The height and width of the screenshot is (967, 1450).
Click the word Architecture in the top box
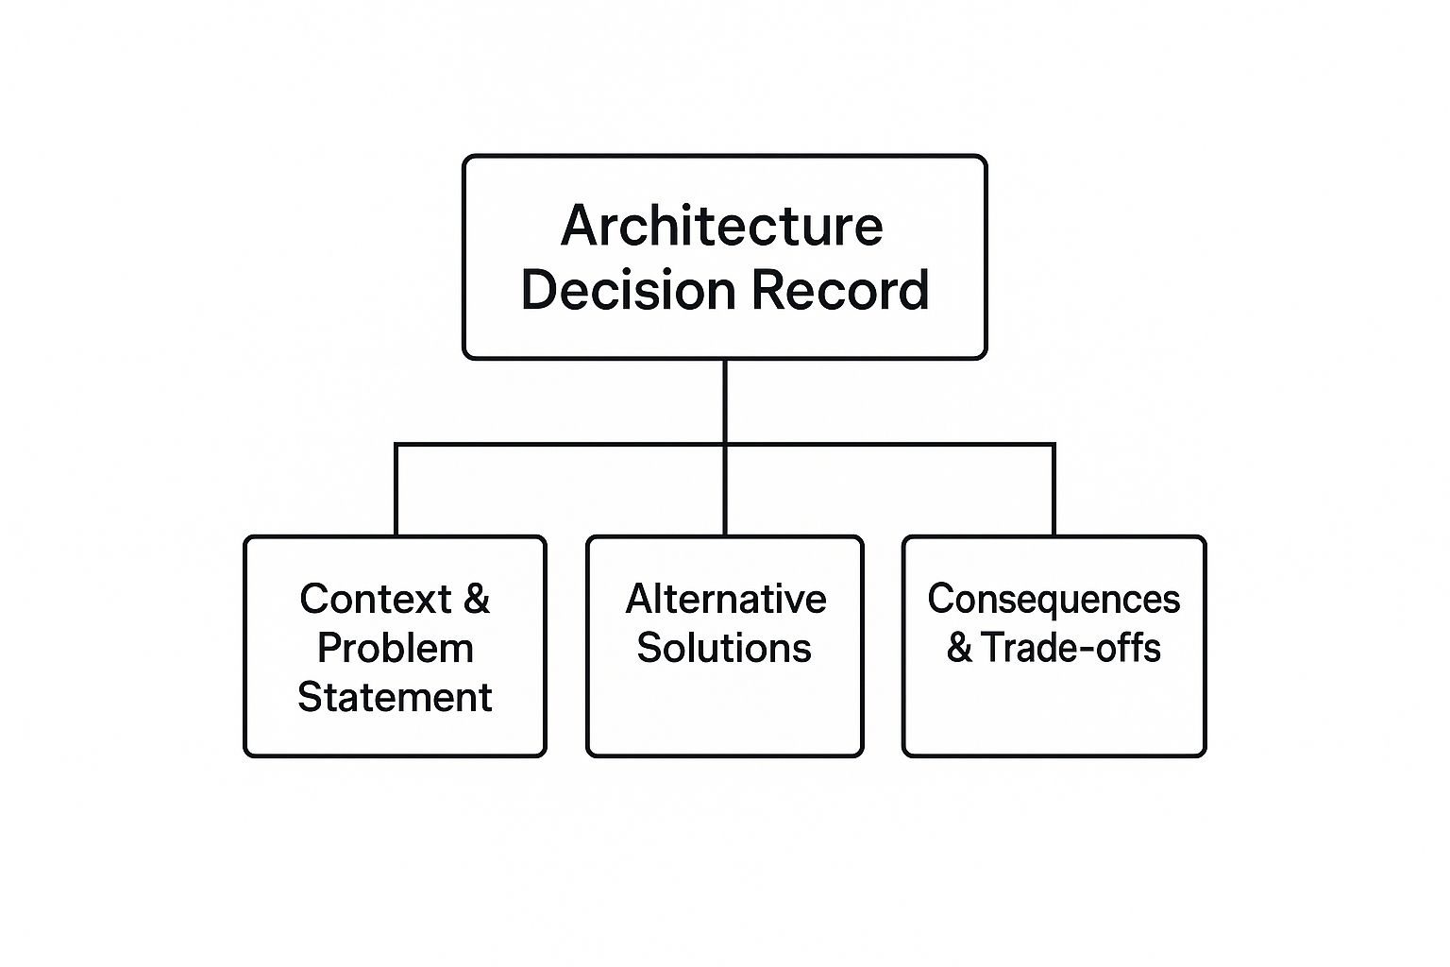coord(722,226)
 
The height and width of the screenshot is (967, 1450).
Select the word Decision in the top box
coord(629,290)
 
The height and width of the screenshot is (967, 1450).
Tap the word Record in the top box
coord(840,290)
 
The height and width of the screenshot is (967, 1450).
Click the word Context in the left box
coord(376,599)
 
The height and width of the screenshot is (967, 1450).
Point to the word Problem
coord(396,649)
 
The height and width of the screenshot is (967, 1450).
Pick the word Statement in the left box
coord(395,698)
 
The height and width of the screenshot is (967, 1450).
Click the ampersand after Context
coord(477,599)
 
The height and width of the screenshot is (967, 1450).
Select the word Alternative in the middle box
coord(726,599)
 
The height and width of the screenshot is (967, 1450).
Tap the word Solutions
coord(724,648)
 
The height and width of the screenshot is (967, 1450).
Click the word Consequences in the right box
coord(1054,599)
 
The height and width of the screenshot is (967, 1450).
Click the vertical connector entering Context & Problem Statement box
coord(396,490)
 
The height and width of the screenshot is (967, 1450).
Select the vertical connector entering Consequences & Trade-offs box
coord(1054,490)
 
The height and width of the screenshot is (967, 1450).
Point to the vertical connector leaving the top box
coord(725,401)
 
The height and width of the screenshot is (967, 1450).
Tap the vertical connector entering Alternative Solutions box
coord(725,490)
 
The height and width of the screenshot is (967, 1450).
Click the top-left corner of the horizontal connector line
coord(396,445)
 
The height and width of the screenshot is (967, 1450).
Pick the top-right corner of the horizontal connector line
coord(1054,445)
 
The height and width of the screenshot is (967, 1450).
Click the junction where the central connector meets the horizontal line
coord(725,445)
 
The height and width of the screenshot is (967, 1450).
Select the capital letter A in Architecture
coord(581,226)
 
